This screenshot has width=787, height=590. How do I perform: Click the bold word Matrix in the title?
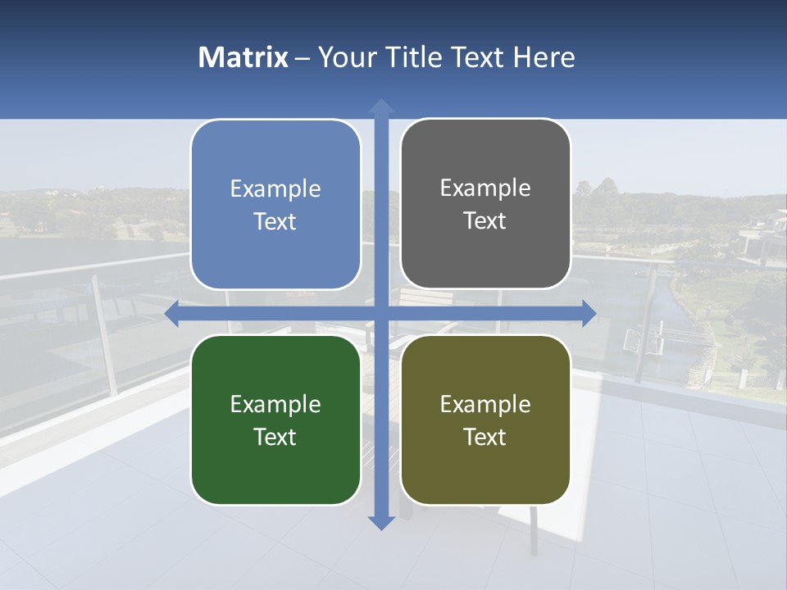243,57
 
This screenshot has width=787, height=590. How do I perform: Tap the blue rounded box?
275,205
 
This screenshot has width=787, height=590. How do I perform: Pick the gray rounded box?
485,204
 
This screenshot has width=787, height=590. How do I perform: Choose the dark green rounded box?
275,420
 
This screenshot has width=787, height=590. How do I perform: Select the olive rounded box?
485,420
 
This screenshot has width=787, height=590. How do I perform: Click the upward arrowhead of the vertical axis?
381,106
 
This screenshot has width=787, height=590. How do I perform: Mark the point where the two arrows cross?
381,313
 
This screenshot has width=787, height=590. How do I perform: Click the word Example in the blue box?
275,189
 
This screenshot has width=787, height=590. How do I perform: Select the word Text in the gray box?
485,221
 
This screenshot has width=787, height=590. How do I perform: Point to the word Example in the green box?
275,405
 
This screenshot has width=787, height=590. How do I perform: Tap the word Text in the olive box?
485,438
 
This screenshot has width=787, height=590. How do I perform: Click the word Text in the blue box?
275,222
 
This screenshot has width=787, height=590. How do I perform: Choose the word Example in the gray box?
485,188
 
